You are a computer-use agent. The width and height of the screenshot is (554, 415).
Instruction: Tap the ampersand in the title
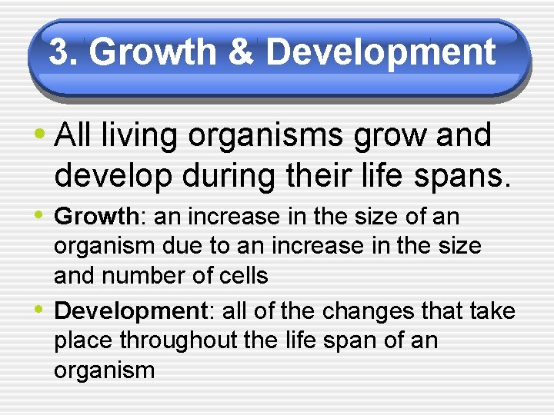[x=241, y=52]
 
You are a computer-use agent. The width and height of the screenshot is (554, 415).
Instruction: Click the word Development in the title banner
[x=380, y=52]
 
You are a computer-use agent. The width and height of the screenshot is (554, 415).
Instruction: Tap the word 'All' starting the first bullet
[x=74, y=135]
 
